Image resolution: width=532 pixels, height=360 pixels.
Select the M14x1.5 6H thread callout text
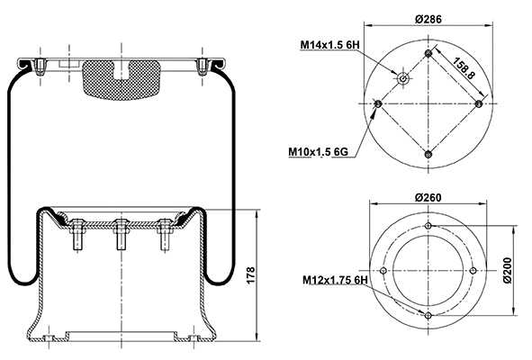(329, 44)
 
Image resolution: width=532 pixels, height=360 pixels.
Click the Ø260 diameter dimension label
(428, 197)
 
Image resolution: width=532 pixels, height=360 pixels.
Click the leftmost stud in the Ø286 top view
(377, 103)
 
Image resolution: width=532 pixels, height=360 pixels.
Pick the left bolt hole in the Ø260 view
(385, 271)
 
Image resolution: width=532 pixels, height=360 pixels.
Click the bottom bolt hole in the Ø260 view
(428, 314)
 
